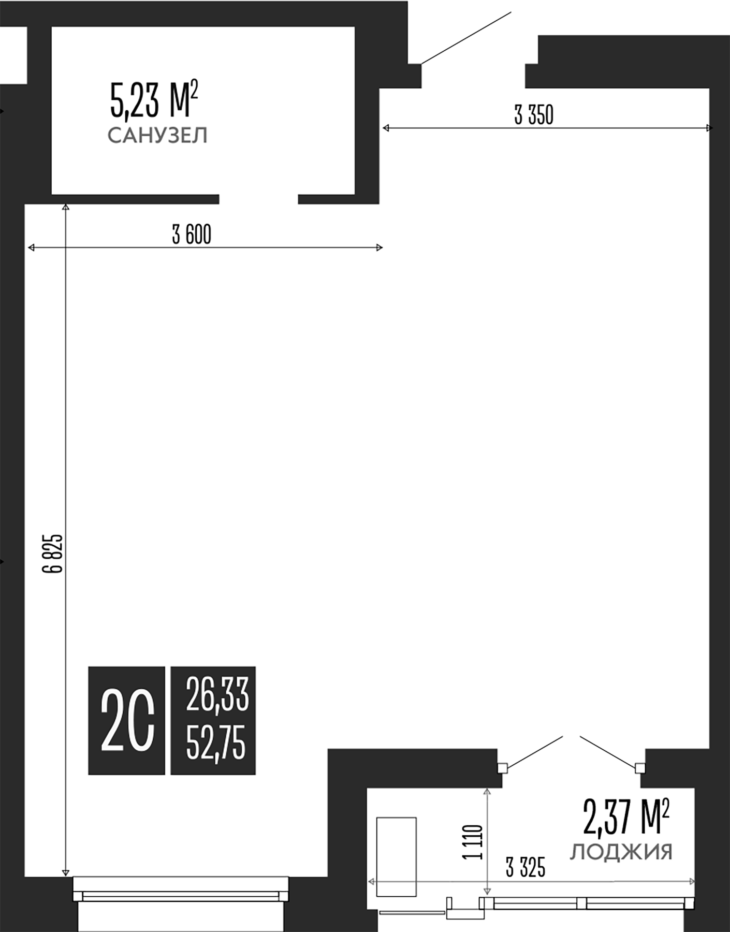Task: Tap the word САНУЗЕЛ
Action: point(157,136)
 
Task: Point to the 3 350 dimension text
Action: point(534,115)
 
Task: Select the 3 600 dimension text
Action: point(192,235)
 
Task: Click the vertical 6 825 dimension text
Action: point(53,554)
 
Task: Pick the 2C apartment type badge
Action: point(127,720)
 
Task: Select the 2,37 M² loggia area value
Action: point(626,818)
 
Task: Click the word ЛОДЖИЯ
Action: point(621,852)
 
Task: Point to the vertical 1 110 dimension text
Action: point(473,842)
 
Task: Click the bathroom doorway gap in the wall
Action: point(258,199)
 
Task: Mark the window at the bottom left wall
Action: point(180,896)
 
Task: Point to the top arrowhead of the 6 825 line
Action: point(66,208)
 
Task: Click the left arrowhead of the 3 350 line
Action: point(386,128)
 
